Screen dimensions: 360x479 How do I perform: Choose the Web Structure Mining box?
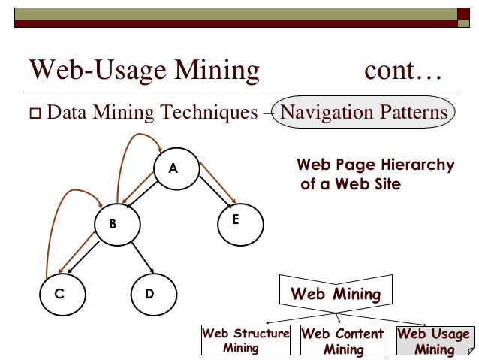point(246,340)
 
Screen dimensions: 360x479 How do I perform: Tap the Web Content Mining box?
point(342,340)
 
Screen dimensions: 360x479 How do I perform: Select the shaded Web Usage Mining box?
point(434,340)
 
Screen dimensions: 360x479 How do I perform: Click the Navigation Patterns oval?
point(363,113)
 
